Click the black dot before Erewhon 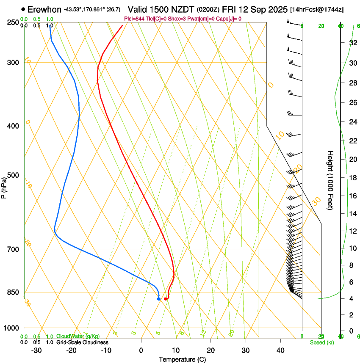pyautogui.click(x=23, y=9)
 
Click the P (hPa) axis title pyautogui.click(x=4, y=185)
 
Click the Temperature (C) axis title pyautogui.click(x=182, y=359)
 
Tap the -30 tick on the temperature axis pyautogui.click(x=36, y=350)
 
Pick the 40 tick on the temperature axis pyautogui.click(x=280, y=350)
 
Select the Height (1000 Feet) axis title pyautogui.click(x=330, y=180)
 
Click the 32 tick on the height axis pyautogui.click(x=353, y=43)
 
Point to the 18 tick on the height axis pyautogui.click(x=353, y=178)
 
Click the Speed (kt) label pyautogui.click(x=321, y=342)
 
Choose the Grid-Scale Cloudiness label pyautogui.click(x=82, y=342)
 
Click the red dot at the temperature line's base pyautogui.click(x=166, y=299)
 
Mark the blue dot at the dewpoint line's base pyautogui.click(x=158, y=299)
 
